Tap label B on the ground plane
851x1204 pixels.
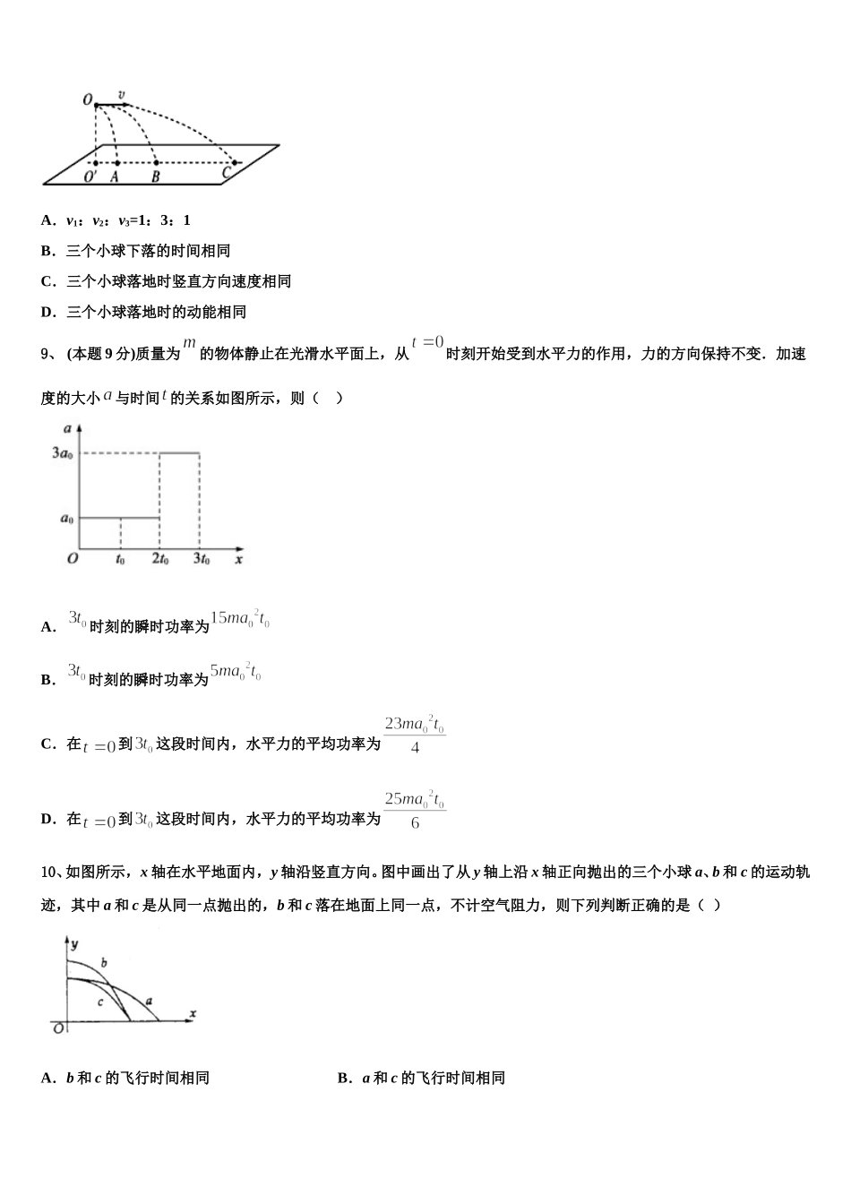(x=156, y=177)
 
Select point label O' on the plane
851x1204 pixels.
(x=90, y=177)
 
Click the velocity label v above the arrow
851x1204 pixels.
(x=122, y=94)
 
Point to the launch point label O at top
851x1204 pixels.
(x=88, y=99)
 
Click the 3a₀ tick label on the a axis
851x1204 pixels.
(x=62, y=453)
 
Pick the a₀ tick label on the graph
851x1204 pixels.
(x=65, y=519)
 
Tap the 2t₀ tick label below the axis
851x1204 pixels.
(x=159, y=560)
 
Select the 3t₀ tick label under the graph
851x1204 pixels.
(x=201, y=560)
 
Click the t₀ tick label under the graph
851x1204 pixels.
(x=120, y=560)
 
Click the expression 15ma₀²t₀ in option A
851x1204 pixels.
(x=239, y=619)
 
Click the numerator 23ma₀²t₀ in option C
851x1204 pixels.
(x=414, y=724)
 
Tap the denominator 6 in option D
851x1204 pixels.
(x=415, y=822)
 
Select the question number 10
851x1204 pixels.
(x=50, y=872)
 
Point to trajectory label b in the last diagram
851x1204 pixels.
(x=104, y=963)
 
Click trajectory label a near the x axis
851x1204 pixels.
(x=149, y=1001)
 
